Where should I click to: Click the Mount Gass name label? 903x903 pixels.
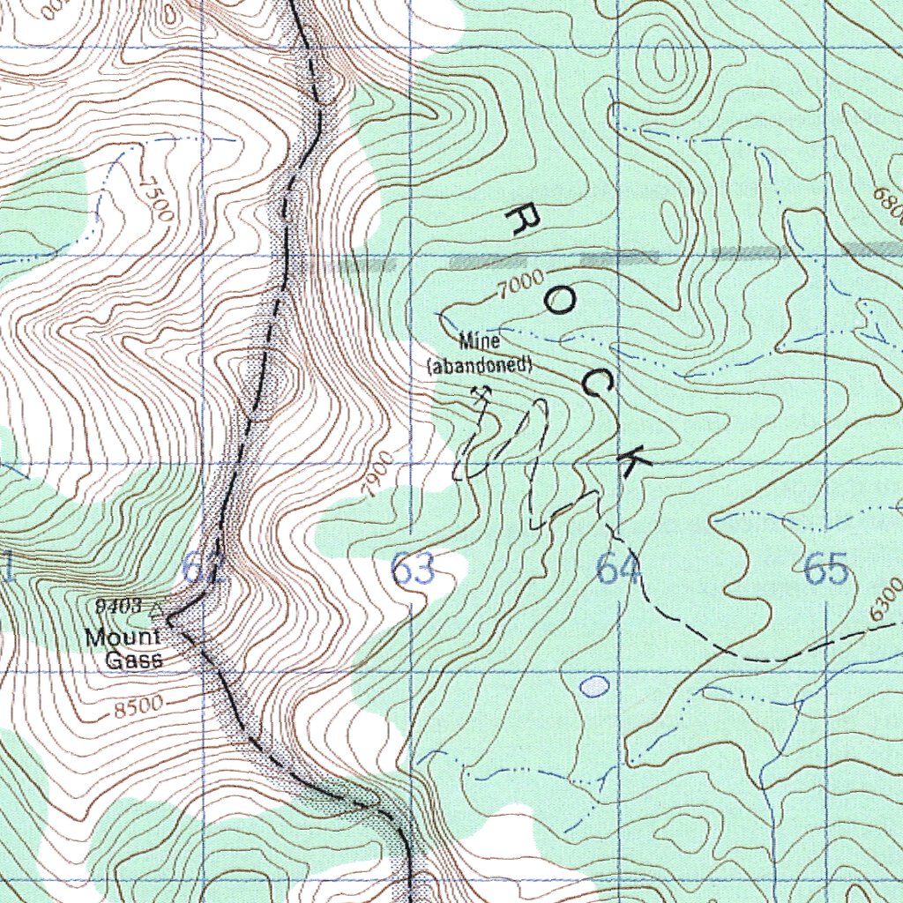point(123,648)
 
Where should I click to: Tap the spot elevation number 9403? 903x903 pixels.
point(122,606)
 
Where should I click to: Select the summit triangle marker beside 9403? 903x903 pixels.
point(158,608)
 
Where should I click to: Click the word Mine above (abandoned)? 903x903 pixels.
point(480,341)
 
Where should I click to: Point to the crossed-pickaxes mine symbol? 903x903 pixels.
point(481,394)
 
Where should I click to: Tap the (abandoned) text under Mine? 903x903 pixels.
point(480,364)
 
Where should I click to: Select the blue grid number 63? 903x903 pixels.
point(413,571)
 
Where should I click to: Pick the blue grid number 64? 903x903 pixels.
point(617,571)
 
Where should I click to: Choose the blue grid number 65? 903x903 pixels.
point(826,571)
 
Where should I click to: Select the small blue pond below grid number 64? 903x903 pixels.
point(596,685)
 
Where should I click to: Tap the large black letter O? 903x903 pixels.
point(559,302)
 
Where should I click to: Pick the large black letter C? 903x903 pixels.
point(598,382)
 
